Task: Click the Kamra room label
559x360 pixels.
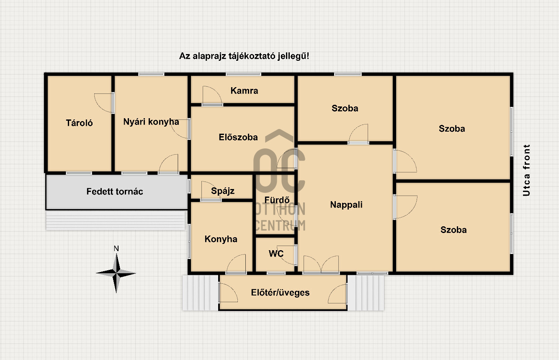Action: coord(244,91)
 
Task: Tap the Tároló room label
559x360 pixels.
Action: coord(79,123)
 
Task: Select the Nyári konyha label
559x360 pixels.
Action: coord(151,122)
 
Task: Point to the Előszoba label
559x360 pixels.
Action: coord(238,137)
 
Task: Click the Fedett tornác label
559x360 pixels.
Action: coord(115,192)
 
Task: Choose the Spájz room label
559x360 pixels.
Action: coord(223,191)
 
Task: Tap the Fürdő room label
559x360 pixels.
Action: coord(277,200)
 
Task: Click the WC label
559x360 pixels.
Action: coord(276,254)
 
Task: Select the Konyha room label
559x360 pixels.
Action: coord(221,239)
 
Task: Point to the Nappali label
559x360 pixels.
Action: coord(346,205)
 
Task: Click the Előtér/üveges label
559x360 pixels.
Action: coord(280,293)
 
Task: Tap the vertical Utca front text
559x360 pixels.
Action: coord(526,170)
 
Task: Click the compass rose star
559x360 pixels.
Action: coord(116,273)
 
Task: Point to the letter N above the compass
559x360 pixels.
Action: coord(116,249)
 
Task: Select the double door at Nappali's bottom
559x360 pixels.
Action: coord(321,264)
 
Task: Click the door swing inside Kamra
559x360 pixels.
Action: coord(212,95)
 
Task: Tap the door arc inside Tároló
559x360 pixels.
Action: coord(103,103)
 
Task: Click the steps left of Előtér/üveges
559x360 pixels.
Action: coord(201,293)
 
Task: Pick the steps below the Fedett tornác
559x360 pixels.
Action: coord(116,220)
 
